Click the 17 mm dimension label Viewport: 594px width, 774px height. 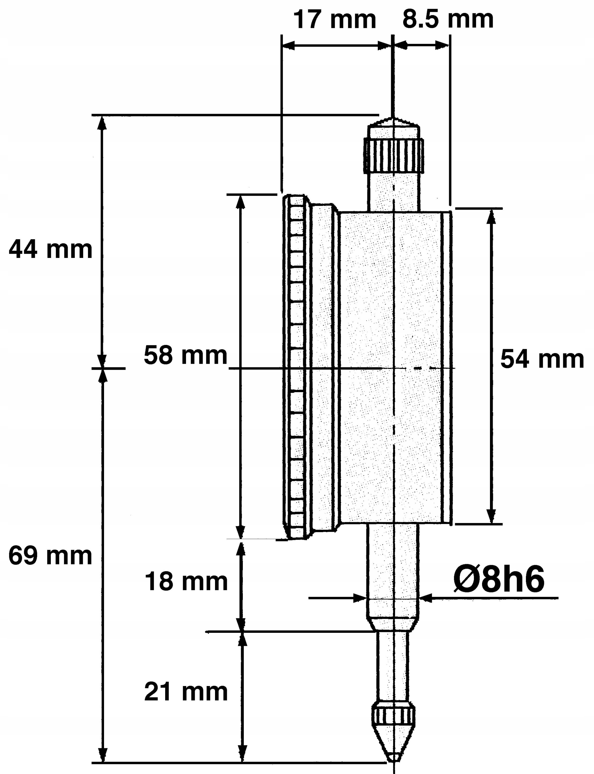tap(335, 20)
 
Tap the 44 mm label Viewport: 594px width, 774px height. tap(50, 249)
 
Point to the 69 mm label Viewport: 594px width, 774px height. tap(50, 556)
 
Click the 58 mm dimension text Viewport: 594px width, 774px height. tap(185, 355)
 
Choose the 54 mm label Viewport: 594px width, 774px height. tap(542, 359)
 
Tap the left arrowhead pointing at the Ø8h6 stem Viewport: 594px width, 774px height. tap(360, 598)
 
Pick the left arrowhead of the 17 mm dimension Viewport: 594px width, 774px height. tap(289, 45)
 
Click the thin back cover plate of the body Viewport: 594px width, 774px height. tap(447, 368)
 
